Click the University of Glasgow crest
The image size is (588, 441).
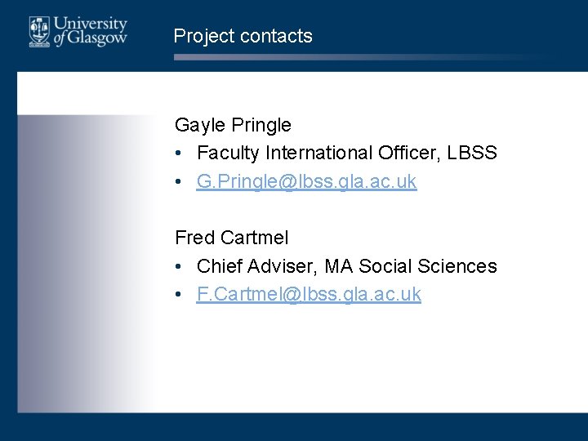[38, 32]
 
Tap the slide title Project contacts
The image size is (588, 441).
[243, 36]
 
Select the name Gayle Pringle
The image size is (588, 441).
[233, 125]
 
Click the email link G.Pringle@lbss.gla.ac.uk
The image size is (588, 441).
[306, 181]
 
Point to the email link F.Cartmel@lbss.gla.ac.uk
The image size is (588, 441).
[309, 294]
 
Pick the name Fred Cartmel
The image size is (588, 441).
[231, 238]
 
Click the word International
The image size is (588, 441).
[318, 153]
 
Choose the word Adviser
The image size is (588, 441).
[282, 265]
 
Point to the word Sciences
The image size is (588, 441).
[457, 265]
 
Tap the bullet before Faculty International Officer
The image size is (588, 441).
[179, 154]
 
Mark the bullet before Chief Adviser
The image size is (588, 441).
[179, 266]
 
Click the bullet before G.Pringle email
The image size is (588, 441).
[179, 182]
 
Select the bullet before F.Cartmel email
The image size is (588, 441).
[179, 295]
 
